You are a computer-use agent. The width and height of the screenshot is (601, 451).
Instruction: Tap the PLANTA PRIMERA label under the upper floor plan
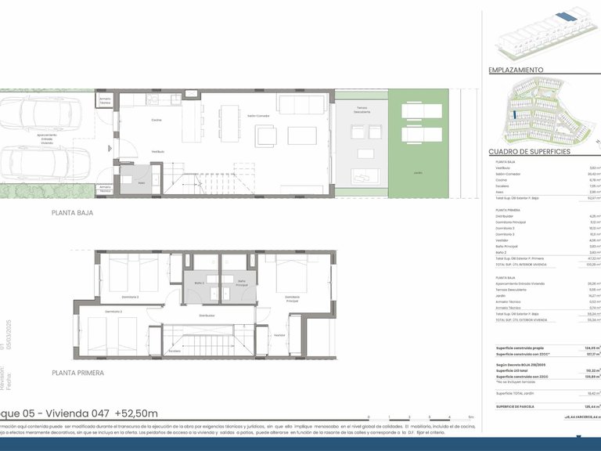78,373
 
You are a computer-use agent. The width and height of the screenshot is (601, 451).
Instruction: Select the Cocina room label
157,121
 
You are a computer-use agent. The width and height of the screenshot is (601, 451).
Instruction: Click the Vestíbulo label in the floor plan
157,151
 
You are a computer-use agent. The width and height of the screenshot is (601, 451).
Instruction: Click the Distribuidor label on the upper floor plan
207,316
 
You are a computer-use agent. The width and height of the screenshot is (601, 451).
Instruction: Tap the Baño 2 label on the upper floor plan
199,283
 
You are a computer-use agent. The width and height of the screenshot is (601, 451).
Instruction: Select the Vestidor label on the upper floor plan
279,334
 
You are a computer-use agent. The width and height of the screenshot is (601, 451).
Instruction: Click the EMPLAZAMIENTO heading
516,70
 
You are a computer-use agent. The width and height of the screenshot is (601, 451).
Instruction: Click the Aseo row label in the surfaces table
499,191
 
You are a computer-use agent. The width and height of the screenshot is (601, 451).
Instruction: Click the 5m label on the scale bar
471,417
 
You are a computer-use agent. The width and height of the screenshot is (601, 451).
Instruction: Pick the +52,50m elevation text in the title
136,414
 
